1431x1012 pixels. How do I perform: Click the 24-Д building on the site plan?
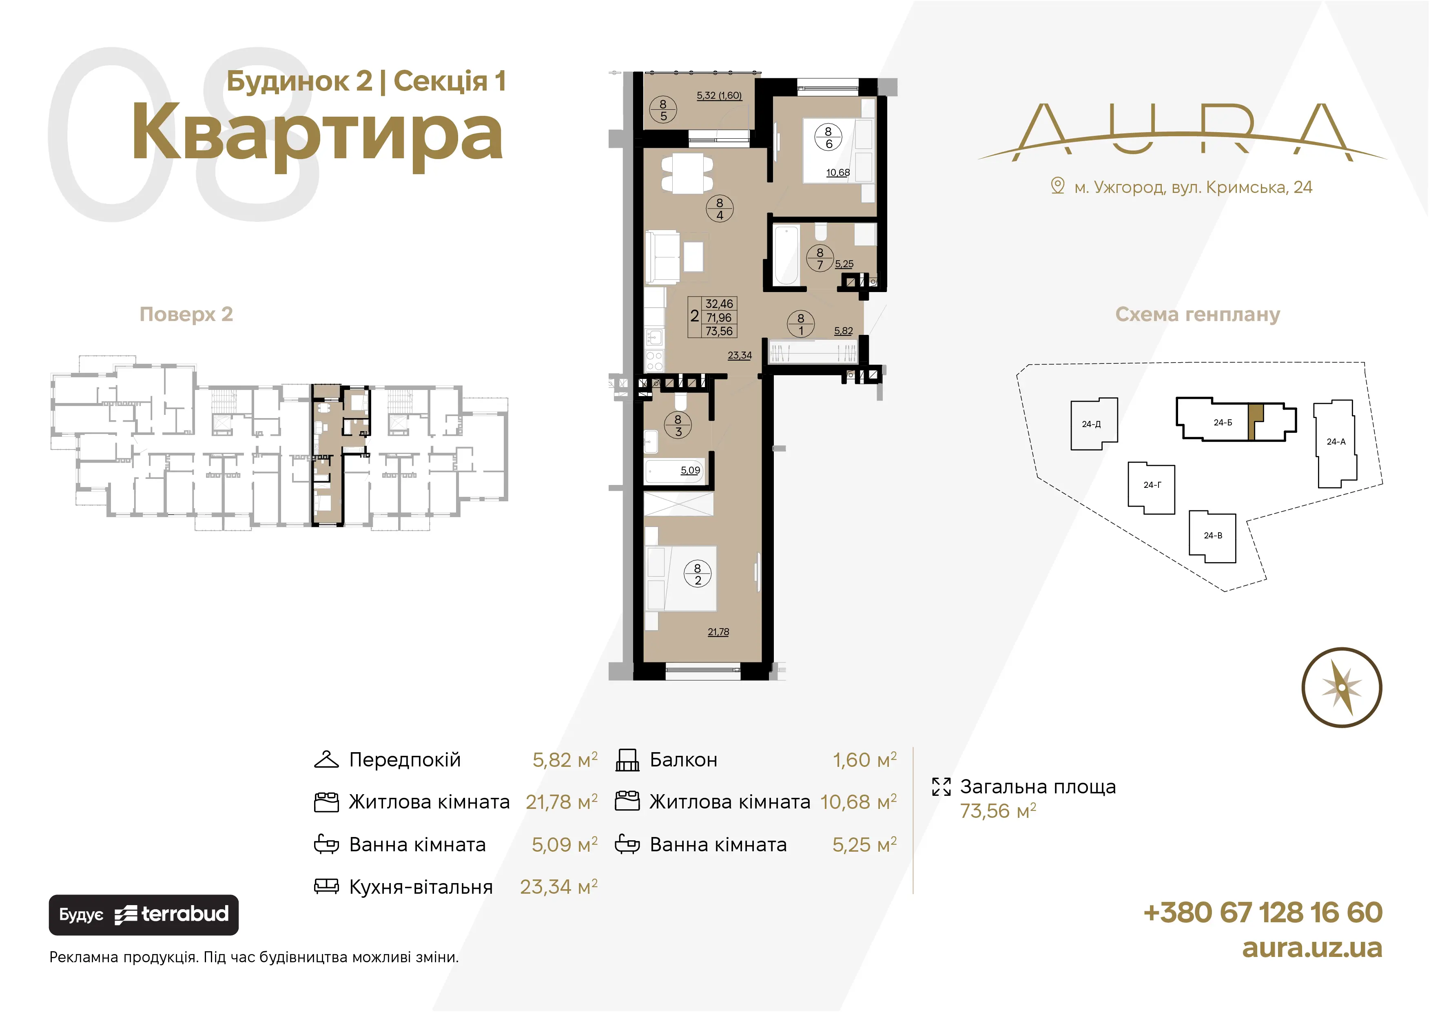pos(1093,424)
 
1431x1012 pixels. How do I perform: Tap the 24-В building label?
pos(1212,535)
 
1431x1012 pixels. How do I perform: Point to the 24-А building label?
pos(1336,442)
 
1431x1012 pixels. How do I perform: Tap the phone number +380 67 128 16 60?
pos(1263,912)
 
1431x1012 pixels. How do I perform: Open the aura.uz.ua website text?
pos(1312,948)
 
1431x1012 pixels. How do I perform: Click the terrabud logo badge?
pos(143,915)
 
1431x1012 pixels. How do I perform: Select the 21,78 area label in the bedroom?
pos(718,632)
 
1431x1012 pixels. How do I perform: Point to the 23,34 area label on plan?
pos(740,355)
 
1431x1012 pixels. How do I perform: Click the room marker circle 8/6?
pos(828,137)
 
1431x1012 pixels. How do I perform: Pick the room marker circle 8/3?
pos(678,425)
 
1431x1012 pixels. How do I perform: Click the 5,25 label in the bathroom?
pos(844,264)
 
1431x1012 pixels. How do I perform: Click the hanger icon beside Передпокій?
pos(326,760)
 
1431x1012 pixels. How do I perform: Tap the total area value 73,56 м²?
pos(998,811)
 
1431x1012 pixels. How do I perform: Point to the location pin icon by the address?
pos(1058,186)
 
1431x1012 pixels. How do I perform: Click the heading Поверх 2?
pos(186,314)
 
